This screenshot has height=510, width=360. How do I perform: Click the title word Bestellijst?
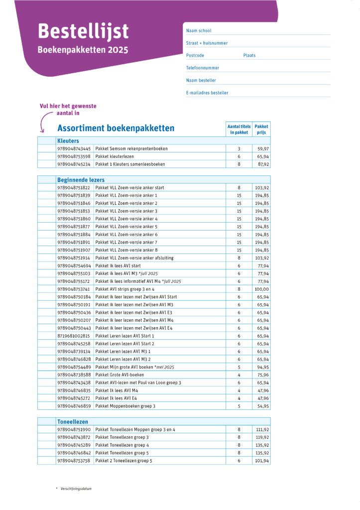tap(83, 31)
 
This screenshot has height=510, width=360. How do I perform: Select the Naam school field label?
tap(199, 31)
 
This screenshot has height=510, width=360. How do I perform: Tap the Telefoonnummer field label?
tap(203, 68)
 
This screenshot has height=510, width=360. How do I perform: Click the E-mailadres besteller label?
tap(207, 93)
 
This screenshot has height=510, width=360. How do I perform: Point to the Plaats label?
tap(249, 55)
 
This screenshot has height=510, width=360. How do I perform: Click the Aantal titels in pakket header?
tap(239, 129)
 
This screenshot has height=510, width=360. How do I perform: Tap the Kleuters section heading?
tap(68, 141)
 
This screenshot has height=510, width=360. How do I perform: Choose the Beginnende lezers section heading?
tap(81, 180)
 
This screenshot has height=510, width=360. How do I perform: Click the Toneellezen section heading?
tap(73, 421)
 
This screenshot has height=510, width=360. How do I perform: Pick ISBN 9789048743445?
tap(74, 148)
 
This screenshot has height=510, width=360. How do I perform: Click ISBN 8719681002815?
tap(74, 336)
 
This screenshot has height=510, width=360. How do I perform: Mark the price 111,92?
tap(262, 429)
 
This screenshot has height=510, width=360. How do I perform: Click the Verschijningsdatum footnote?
tap(75, 489)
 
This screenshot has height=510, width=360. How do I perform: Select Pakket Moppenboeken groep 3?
tap(125, 406)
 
